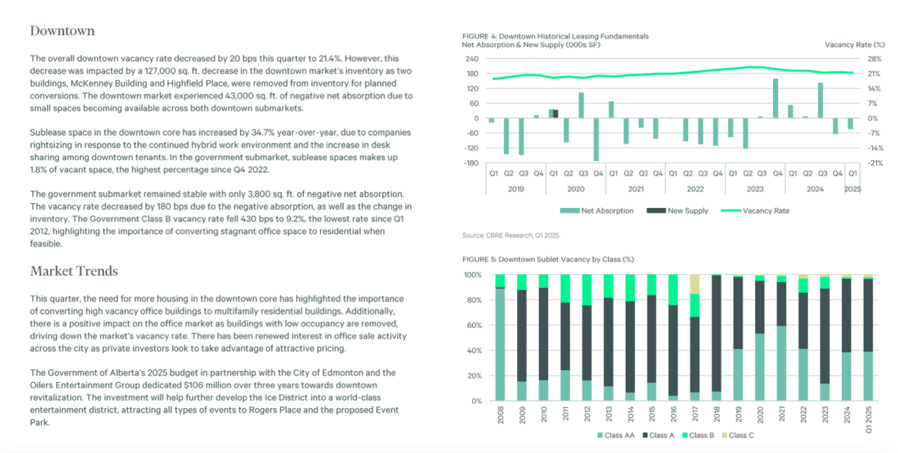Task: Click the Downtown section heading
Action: pos(62,31)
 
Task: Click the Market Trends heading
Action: pos(74,271)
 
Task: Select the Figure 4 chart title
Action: pos(555,36)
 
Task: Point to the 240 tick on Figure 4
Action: pos(473,59)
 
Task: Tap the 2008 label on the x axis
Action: pos(500,416)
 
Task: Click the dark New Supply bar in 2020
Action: pos(556,114)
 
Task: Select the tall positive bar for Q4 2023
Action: pos(775,98)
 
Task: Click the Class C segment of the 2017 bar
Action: pos(695,284)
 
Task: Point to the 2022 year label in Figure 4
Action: pos(695,188)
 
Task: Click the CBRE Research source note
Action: pos(511,235)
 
